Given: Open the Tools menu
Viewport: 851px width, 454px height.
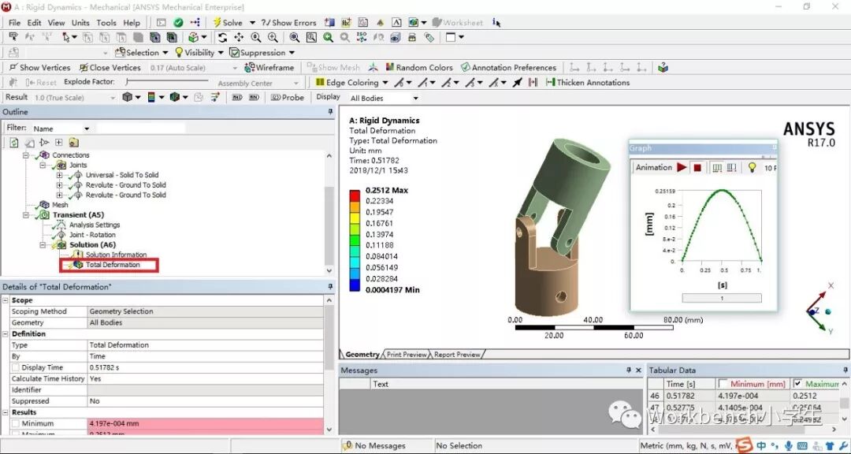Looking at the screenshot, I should (x=106, y=23).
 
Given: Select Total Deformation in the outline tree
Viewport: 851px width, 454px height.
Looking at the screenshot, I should (x=112, y=265).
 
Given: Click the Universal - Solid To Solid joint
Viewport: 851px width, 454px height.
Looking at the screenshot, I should (x=121, y=175).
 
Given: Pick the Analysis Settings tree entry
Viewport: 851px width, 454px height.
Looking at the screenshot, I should (x=94, y=225).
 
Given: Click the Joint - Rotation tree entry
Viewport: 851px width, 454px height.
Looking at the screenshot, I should (x=91, y=235).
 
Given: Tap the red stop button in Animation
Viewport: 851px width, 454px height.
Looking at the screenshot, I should (x=697, y=168).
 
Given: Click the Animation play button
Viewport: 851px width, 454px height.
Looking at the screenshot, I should (x=682, y=168).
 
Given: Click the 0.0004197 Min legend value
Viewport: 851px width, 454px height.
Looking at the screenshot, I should (x=393, y=290).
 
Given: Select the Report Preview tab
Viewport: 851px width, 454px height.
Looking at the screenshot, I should (x=457, y=355).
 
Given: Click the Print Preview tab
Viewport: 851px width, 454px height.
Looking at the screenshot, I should (x=407, y=355).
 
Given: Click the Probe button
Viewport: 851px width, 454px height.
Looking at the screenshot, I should (x=288, y=98).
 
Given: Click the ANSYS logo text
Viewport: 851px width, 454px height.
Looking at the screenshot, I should (x=808, y=129).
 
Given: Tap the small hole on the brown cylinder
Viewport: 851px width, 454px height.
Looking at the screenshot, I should (x=560, y=298).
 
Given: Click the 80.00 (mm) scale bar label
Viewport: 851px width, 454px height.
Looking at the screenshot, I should (x=682, y=320).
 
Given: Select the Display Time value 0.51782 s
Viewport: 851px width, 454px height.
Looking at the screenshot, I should (x=110, y=367).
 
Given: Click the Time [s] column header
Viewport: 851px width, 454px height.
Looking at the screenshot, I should (x=686, y=384).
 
